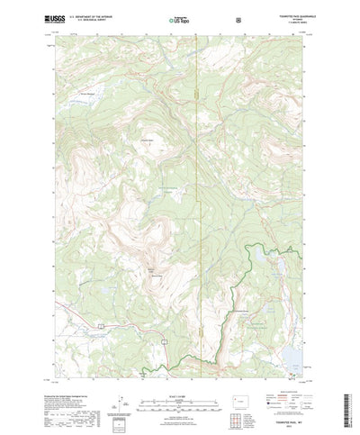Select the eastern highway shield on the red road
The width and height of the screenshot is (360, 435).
click(164, 340)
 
